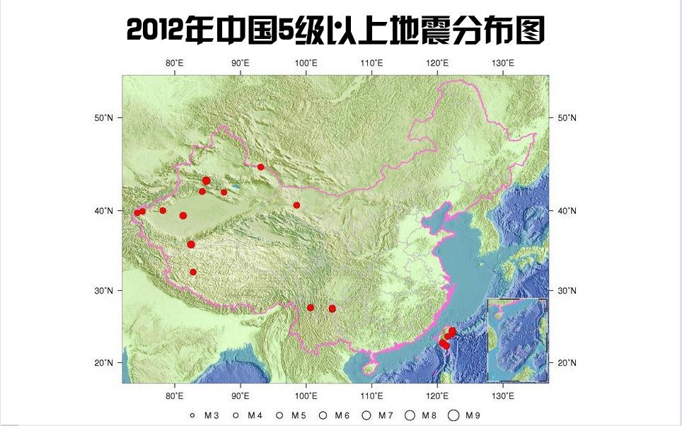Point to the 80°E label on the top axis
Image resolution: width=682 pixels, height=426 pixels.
[x=175, y=63]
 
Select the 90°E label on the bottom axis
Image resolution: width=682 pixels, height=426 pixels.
[x=241, y=395]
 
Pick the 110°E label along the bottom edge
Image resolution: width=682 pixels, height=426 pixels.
[x=372, y=395]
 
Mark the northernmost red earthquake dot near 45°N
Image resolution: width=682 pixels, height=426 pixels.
[x=260, y=167]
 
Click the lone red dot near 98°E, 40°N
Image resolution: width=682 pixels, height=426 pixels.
[x=296, y=205]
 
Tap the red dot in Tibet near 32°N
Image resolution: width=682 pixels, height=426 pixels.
[x=193, y=272]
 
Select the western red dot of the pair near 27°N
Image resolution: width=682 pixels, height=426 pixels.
[x=311, y=308]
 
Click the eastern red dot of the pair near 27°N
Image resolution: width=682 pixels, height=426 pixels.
[x=333, y=309]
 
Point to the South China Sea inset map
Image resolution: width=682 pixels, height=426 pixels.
[x=517, y=340]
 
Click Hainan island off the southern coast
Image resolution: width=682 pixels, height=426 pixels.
[x=369, y=368]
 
